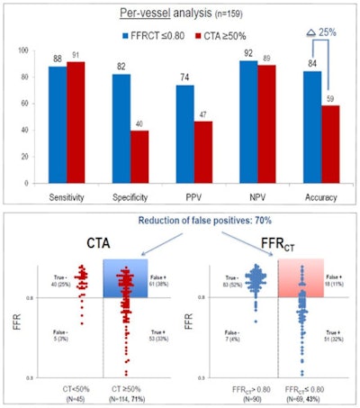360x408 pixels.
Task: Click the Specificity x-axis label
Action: coord(126,193)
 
